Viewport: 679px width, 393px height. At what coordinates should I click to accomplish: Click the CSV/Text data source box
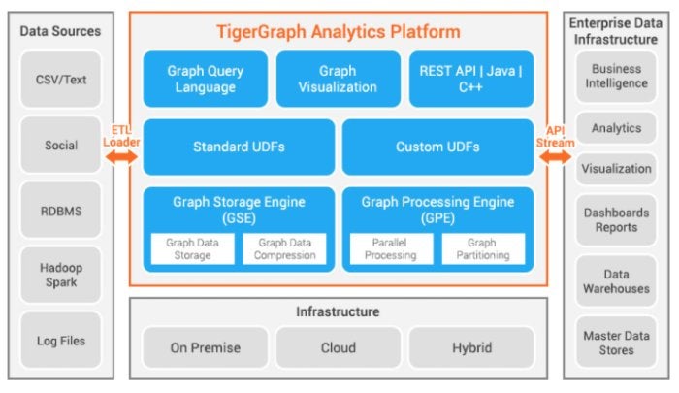pos(60,80)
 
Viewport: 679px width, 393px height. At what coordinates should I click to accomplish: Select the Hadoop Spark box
pos(60,275)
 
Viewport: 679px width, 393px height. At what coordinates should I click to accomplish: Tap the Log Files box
pos(60,341)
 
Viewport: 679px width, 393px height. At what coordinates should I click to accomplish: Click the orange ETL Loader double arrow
pos(121,157)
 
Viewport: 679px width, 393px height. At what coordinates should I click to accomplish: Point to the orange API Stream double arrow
pos(555,157)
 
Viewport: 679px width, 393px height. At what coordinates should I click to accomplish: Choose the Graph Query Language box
pos(206,79)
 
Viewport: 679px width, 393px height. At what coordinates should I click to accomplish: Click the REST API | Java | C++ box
pos(471,79)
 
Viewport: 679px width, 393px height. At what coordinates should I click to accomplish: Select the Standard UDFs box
pos(239,147)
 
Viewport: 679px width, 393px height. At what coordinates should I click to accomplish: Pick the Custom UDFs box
pos(437,147)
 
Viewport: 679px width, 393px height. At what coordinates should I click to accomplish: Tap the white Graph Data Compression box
pos(284,248)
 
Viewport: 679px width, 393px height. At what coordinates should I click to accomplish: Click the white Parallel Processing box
pos(391,248)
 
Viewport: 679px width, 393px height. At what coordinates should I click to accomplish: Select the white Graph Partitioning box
pos(483,248)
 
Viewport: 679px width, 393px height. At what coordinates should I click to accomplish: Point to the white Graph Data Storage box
pos(193,248)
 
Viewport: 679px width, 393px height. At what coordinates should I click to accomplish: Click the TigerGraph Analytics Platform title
pos(339,32)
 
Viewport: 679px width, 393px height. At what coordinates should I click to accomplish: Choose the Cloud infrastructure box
pos(339,347)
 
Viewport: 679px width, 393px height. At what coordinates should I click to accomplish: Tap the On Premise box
pos(206,347)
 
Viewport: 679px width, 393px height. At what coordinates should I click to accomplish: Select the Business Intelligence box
pos(616,77)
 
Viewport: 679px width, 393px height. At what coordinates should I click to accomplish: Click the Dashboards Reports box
pos(616,220)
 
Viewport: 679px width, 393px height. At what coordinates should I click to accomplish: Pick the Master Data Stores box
pos(616,343)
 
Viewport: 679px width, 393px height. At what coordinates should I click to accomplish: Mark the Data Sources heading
pos(60,31)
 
